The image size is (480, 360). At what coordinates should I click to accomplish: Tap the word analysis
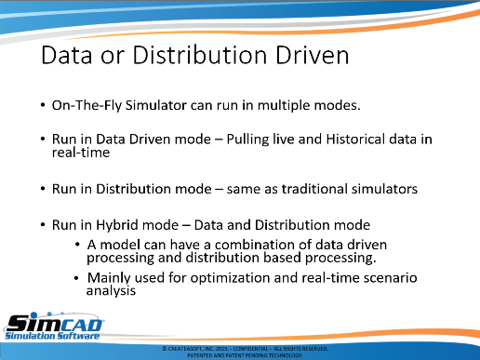[x=111, y=291]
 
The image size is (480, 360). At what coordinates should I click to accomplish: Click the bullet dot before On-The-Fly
[x=43, y=105]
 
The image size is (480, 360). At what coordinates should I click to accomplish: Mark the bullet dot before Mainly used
[x=77, y=278]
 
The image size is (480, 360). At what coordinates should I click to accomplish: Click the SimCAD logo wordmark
[x=55, y=323]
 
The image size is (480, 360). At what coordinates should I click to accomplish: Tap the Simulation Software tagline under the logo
[x=52, y=336]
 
